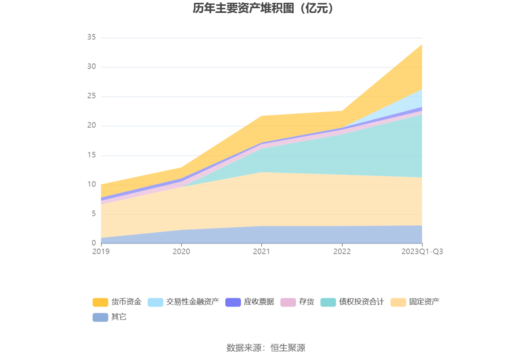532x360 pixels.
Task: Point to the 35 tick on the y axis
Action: click(x=92, y=37)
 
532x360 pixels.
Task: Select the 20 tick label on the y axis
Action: click(x=92, y=125)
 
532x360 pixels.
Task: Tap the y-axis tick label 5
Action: click(x=93, y=214)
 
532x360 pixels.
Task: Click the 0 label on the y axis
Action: click(x=93, y=243)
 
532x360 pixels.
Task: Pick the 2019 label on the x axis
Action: click(x=101, y=252)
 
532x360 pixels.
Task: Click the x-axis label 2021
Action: click(x=261, y=252)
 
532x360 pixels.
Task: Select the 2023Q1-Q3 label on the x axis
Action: click(x=422, y=252)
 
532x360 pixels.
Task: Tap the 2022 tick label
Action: click(x=342, y=252)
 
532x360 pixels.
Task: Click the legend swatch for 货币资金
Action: click(x=100, y=302)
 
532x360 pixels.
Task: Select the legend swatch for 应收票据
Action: click(x=233, y=302)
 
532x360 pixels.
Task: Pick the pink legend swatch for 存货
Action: click(x=288, y=302)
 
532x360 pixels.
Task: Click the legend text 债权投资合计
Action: click(x=361, y=302)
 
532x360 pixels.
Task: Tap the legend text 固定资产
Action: click(x=424, y=302)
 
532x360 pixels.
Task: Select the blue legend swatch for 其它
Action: click(x=100, y=317)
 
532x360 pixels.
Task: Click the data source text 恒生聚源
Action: click(x=288, y=347)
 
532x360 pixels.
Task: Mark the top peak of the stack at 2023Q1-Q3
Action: click(x=422, y=45)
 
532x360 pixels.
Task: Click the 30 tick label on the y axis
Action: click(x=92, y=67)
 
